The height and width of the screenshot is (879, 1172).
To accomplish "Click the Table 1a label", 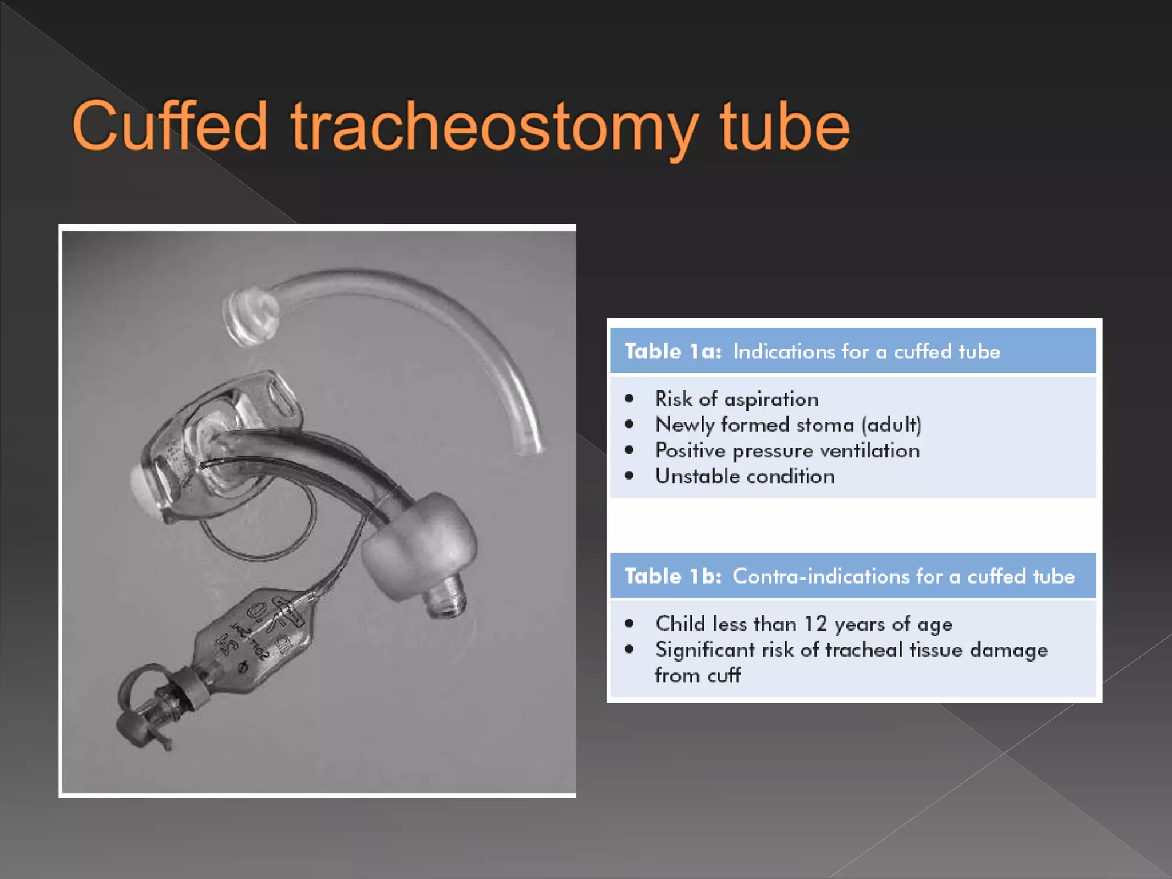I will coord(673,351).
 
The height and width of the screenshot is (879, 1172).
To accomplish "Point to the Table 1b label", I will coord(673,576).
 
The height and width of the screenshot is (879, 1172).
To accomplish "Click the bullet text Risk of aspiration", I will coord(737,399).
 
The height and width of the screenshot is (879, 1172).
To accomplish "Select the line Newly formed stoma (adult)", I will coord(788,425).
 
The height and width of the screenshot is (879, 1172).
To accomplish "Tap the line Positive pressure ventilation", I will coord(787,451).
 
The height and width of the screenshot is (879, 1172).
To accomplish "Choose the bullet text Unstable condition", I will coord(745,476).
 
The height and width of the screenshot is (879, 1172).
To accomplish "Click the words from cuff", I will coord(698,676).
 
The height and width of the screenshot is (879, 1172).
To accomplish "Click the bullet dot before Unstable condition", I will coord(629,476).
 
